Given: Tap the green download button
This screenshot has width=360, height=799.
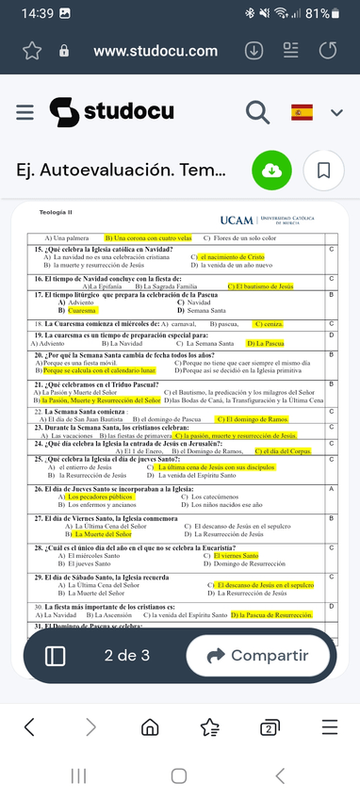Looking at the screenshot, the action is [x=270, y=171].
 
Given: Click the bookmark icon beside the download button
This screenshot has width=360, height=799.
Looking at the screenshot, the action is [x=323, y=171].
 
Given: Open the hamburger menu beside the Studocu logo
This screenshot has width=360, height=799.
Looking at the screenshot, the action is [x=25, y=111].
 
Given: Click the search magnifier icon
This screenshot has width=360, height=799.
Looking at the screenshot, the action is [x=257, y=111].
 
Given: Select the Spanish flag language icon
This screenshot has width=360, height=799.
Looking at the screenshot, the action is [x=302, y=112].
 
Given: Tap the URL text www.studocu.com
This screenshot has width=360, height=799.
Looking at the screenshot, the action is [x=155, y=51].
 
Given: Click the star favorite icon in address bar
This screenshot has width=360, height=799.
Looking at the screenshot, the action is [x=33, y=51].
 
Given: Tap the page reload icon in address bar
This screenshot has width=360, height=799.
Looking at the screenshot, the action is [x=328, y=51].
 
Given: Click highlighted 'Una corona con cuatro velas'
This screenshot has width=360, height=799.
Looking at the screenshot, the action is [x=148, y=238].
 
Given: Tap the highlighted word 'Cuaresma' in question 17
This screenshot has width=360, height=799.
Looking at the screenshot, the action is [x=83, y=310].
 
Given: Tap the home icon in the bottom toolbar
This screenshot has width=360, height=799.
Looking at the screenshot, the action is [x=150, y=726].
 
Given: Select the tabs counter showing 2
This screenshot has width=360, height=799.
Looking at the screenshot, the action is [x=270, y=726].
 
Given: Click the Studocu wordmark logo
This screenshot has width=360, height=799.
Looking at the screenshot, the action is [x=111, y=111].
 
